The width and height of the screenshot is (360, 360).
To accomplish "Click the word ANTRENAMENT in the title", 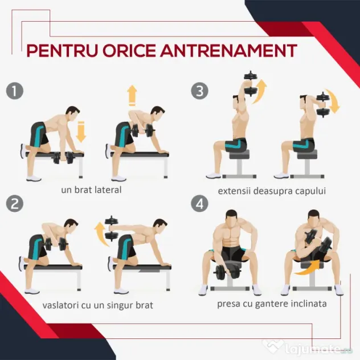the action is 228,50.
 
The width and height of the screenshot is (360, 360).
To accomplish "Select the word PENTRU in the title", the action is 62,50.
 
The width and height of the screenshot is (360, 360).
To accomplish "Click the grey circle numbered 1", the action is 15,91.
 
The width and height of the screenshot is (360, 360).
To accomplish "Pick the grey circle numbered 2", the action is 15,203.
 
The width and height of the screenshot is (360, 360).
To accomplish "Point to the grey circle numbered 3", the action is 200,91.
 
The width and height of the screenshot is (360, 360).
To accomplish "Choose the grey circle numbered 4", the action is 200,203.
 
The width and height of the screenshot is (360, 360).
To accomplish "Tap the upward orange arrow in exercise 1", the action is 132,96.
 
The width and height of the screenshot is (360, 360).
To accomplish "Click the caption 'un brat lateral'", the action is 91,190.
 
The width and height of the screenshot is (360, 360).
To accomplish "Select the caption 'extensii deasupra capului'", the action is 272,191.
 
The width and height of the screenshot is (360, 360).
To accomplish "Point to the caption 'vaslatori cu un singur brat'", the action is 98,305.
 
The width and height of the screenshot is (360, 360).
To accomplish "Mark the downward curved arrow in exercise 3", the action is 333,101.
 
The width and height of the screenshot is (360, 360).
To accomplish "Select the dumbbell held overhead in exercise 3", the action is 251,83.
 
